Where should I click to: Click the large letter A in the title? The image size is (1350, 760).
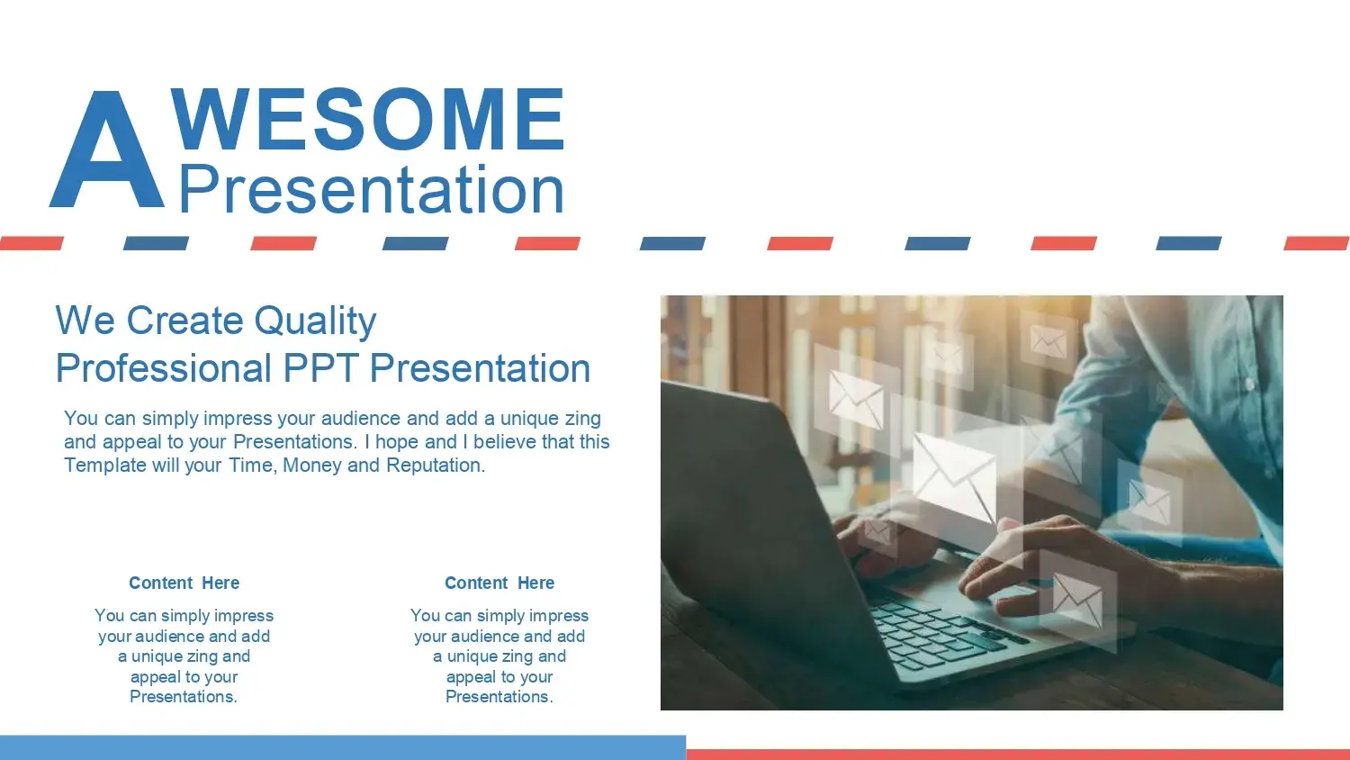(107, 149)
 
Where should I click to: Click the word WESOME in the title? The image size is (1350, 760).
(367, 119)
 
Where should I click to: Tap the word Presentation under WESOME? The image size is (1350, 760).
(371, 189)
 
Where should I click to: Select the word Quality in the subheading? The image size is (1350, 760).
(315, 321)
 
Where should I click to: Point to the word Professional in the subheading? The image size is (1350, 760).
(163, 368)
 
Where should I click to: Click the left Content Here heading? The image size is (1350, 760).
(184, 583)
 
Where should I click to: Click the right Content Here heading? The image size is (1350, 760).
(499, 583)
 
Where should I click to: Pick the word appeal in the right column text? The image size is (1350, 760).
(472, 677)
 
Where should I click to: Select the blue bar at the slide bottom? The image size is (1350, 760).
(343, 747)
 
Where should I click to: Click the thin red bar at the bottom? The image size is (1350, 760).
(1018, 755)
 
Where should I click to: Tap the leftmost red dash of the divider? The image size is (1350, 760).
(31, 243)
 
